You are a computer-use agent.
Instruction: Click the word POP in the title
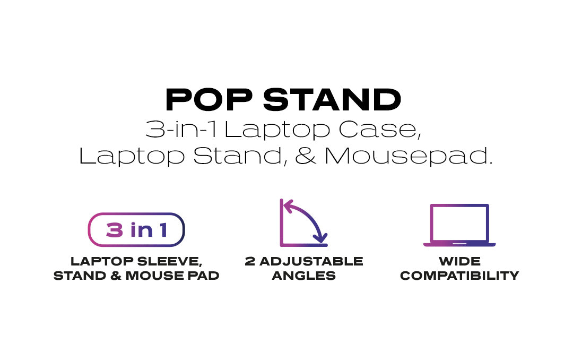pos(209,99)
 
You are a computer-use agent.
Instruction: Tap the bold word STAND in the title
pos(332,99)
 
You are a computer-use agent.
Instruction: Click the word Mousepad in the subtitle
pos(408,156)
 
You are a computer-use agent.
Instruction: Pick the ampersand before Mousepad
pos(306,156)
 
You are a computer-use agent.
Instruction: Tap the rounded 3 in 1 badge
pos(136,229)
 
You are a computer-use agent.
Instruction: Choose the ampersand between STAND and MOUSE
pos(116,276)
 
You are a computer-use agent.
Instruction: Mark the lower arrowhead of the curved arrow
pos(320,238)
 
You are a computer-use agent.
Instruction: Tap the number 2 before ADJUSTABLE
pos(250,261)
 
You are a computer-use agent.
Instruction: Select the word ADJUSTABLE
pos(311,261)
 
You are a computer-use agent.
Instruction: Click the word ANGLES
pos(303,276)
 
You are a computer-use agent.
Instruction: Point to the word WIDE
pos(459,261)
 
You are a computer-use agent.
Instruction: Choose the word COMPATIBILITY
pos(459,276)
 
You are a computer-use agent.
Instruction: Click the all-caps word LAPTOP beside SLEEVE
pos(102,261)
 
